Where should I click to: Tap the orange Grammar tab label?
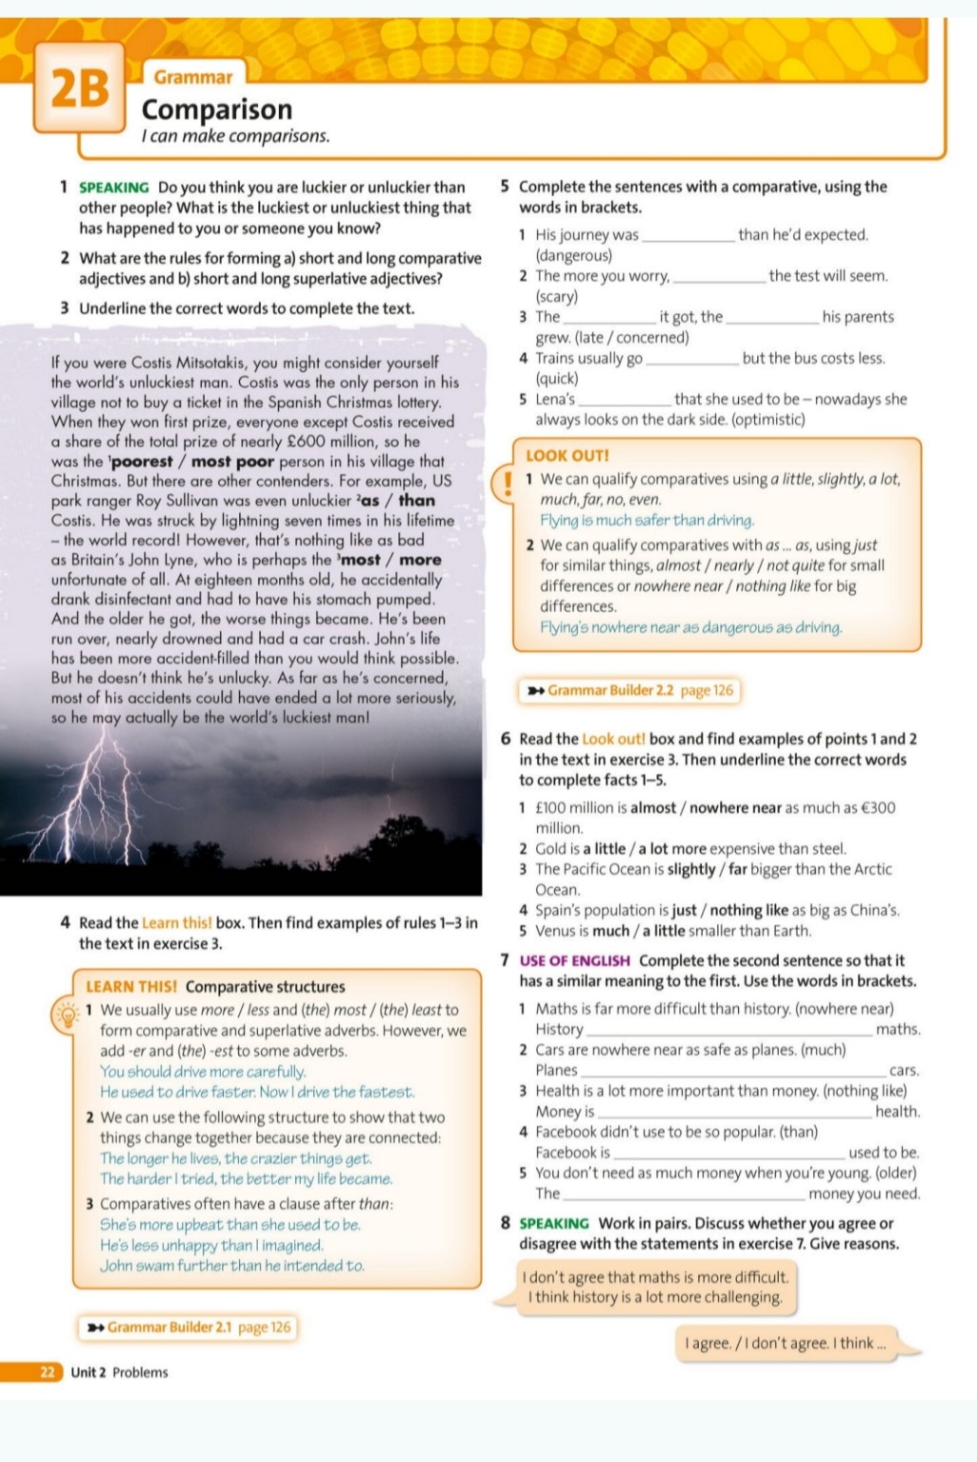(193, 77)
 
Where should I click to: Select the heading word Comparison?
(217, 109)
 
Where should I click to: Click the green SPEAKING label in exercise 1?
(113, 188)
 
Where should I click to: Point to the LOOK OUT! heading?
(567, 456)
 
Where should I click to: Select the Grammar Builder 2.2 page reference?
(630, 690)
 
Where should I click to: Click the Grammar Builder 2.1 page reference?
(189, 1327)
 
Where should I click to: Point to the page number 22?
(47, 1372)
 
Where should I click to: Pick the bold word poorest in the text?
(146, 462)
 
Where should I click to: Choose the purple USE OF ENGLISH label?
(574, 961)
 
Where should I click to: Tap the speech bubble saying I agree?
(786, 1343)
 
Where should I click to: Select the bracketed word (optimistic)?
(768, 419)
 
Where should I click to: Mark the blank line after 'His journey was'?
(688, 236)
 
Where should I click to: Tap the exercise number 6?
(506, 740)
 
